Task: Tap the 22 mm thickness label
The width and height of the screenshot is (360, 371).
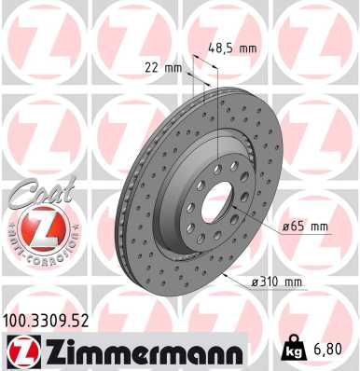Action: tap(160, 68)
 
